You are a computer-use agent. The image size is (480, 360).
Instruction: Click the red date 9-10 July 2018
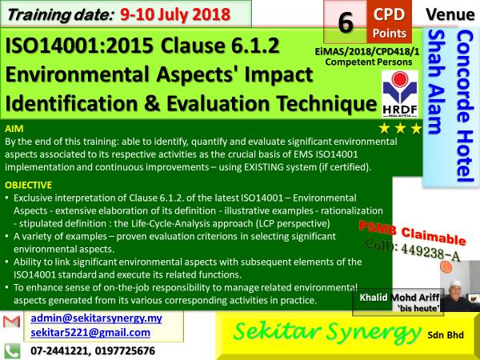[174, 14]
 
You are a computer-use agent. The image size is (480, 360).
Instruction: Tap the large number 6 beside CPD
[346, 23]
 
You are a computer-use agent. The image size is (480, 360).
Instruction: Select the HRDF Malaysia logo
[400, 94]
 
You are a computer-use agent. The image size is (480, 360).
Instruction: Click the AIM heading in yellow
[14, 129]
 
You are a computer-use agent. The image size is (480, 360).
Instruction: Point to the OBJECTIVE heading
[29, 185]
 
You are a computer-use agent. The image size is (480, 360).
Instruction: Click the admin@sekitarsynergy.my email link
[96, 318]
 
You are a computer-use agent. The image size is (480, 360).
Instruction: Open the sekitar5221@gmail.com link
[90, 333]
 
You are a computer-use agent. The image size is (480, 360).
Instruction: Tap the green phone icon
[12, 351]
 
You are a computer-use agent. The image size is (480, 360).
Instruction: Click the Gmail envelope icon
[12, 322]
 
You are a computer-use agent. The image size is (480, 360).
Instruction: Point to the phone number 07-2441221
[58, 351]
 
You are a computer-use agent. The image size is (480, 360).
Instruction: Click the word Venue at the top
[450, 14]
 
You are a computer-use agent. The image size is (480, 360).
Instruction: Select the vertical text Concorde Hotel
[464, 106]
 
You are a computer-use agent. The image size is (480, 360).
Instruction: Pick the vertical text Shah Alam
[436, 82]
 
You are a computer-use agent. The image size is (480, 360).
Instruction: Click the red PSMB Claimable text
[412, 233]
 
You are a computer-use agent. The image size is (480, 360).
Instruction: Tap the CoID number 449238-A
[430, 253]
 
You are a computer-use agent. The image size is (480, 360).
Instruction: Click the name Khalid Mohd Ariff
[399, 298]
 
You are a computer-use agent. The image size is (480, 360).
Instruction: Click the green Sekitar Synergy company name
[327, 333]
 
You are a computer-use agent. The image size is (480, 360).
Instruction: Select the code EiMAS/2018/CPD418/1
[367, 51]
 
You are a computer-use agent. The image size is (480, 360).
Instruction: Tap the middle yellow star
[400, 129]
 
